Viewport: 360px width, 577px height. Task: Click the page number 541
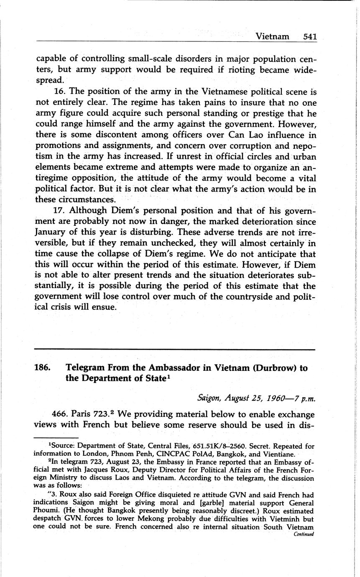click(310, 36)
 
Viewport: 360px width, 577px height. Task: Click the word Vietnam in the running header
click(272, 36)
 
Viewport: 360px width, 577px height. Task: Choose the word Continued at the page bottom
click(304, 534)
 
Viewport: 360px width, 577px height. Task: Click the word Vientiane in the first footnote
click(276, 454)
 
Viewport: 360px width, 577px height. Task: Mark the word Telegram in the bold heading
click(87, 368)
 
